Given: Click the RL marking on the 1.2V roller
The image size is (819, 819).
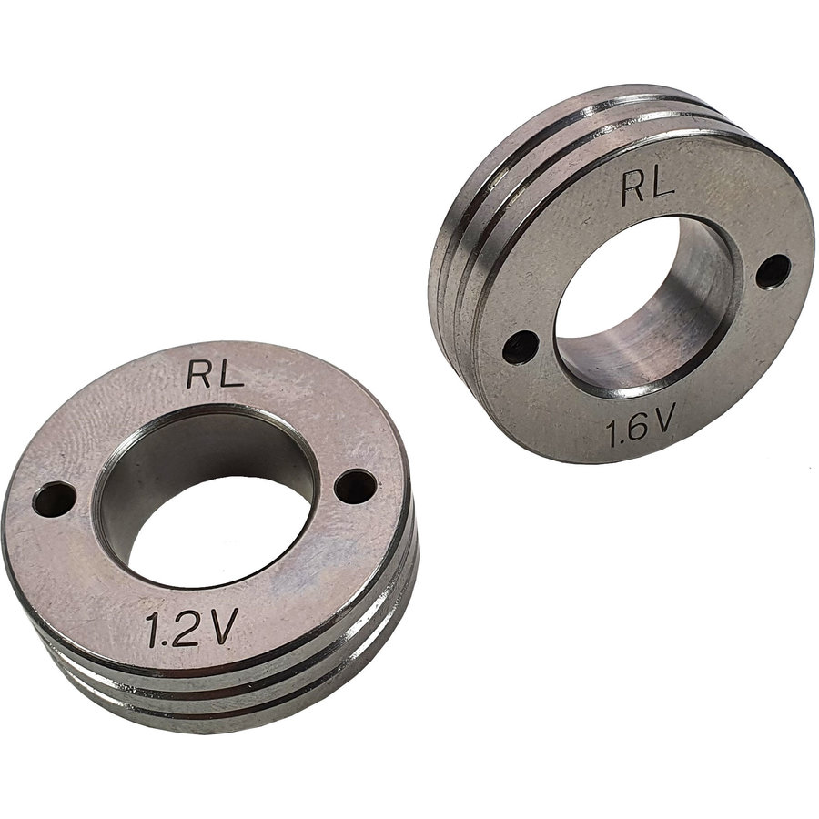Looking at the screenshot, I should [x=215, y=373].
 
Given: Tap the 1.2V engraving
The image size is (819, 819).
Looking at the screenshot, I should [x=192, y=628].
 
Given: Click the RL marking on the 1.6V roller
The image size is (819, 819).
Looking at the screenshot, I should [x=647, y=187].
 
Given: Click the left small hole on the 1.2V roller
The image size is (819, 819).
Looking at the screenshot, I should [x=54, y=498].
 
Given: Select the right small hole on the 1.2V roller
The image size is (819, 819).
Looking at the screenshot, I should [x=355, y=486].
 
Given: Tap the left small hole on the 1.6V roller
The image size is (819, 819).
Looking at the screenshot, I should [x=520, y=346].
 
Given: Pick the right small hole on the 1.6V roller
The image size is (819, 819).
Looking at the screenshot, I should [x=773, y=270].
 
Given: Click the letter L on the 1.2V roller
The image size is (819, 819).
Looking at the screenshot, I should [x=231, y=373].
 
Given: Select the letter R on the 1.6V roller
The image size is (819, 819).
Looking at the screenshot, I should [x=633, y=188].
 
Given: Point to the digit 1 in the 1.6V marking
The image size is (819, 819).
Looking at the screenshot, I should [x=613, y=431].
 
